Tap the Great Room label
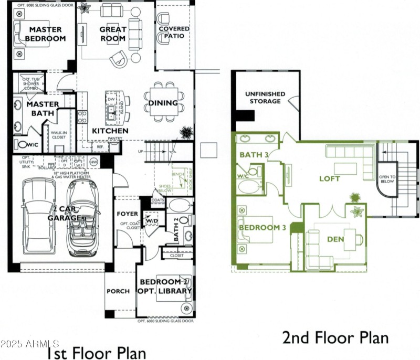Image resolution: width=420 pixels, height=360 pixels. pos(113,34)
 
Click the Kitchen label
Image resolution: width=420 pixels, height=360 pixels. pos(110,131)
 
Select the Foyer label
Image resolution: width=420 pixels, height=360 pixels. pos(128,214)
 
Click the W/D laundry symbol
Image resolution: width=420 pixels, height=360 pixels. pos(152,221)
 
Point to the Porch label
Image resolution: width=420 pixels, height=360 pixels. pos(118,291)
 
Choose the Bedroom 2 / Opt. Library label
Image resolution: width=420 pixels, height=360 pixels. pos(164,287)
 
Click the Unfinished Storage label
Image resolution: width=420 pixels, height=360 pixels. pos(265,98)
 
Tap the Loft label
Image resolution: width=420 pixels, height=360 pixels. pos(330,178)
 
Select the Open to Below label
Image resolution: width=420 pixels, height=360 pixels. pos(388,180)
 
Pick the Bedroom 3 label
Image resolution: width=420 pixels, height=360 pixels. pos(262,228)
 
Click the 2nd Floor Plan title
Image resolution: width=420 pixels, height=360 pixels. pos(336,337)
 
